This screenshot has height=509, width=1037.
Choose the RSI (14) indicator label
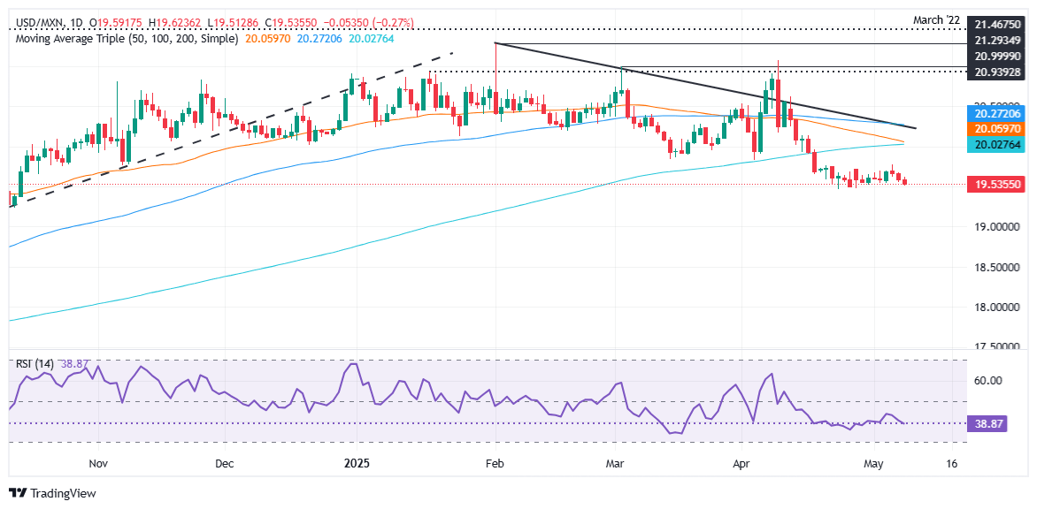coord(35,364)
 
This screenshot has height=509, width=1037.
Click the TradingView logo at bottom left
coord(53,493)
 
